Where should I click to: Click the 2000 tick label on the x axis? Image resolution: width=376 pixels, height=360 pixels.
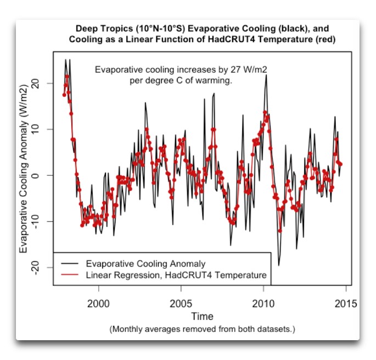(x=98, y=303)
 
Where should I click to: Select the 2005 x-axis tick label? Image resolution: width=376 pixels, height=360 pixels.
(x=181, y=303)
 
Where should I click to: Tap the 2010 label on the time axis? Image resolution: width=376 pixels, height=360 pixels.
(x=263, y=303)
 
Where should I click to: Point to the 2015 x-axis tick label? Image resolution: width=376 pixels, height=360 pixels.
(x=346, y=303)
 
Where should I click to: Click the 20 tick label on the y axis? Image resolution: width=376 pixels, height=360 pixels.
(x=35, y=84)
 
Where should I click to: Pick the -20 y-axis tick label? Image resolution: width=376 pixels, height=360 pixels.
(x=35, y=268)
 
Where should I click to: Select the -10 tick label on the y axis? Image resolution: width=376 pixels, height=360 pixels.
(x=35, y=221)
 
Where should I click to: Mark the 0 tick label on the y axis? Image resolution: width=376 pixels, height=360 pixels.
(x=35, y=175)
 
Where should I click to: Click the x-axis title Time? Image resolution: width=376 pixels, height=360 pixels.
(x=202, y=316)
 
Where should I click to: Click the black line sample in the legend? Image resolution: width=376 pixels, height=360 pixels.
(x=70, y=263)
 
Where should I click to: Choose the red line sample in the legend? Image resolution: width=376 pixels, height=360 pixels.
(x=70, y=274)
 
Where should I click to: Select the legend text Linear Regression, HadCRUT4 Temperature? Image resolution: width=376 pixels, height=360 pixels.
(x=176, y=275)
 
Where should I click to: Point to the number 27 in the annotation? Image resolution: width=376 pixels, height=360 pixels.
(x=235, y=70)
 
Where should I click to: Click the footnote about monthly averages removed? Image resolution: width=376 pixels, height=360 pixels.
(x=202, y=329)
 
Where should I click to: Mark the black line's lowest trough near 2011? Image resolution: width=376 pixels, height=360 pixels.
(x=279, y=265)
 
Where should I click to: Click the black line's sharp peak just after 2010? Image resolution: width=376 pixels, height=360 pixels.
(x=266, y=75)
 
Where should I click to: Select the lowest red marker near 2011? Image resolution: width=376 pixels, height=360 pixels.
(x=280, y=231)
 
